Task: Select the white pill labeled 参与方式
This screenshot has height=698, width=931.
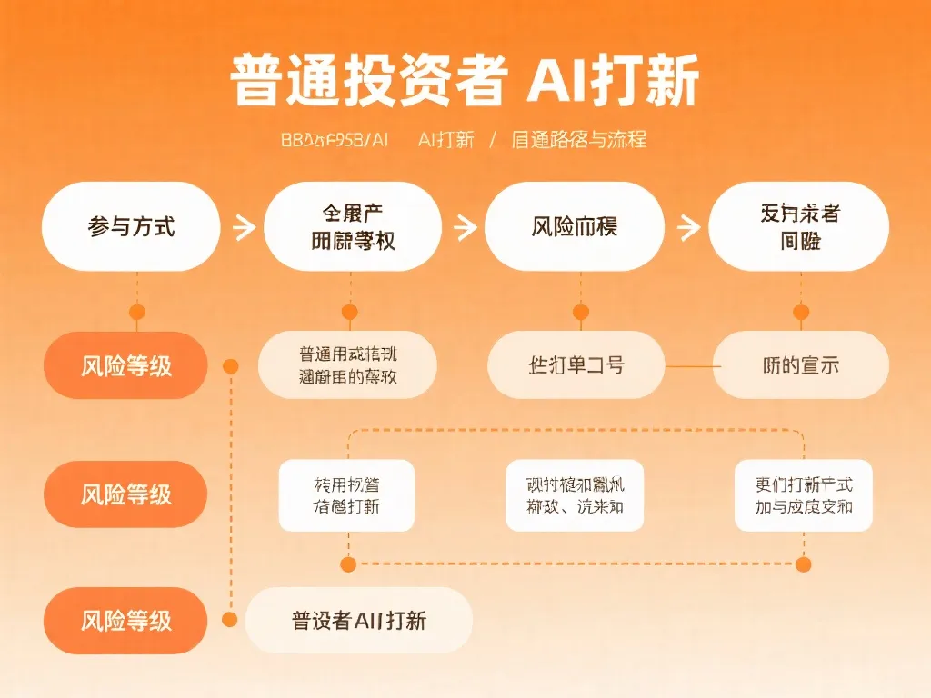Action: point(132,226)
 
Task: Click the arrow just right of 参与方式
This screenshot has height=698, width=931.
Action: point(244,226)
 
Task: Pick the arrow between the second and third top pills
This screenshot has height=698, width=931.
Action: point(465,226)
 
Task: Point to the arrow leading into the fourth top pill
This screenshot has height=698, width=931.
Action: point(688,226)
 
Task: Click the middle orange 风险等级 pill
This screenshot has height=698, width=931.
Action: point(126,494)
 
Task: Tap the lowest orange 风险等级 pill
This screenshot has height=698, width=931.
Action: point(126,621)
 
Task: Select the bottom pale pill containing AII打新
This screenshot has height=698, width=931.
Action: point(359,621)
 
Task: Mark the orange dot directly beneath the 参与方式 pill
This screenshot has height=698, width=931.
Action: point(136,313)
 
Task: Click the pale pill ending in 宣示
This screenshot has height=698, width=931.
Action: point(800,365)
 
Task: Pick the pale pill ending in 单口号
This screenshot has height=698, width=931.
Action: point(576,365)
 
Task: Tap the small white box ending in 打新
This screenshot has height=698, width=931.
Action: point(346,495)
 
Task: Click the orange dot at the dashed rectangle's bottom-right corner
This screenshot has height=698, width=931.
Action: point(803,564)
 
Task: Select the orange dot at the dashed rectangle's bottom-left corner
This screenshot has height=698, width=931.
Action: point(348,564)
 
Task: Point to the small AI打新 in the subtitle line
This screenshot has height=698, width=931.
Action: point(446,140)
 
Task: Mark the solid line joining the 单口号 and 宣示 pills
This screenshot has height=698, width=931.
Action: point(688,365)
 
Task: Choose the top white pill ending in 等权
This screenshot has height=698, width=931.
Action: point(353,226)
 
